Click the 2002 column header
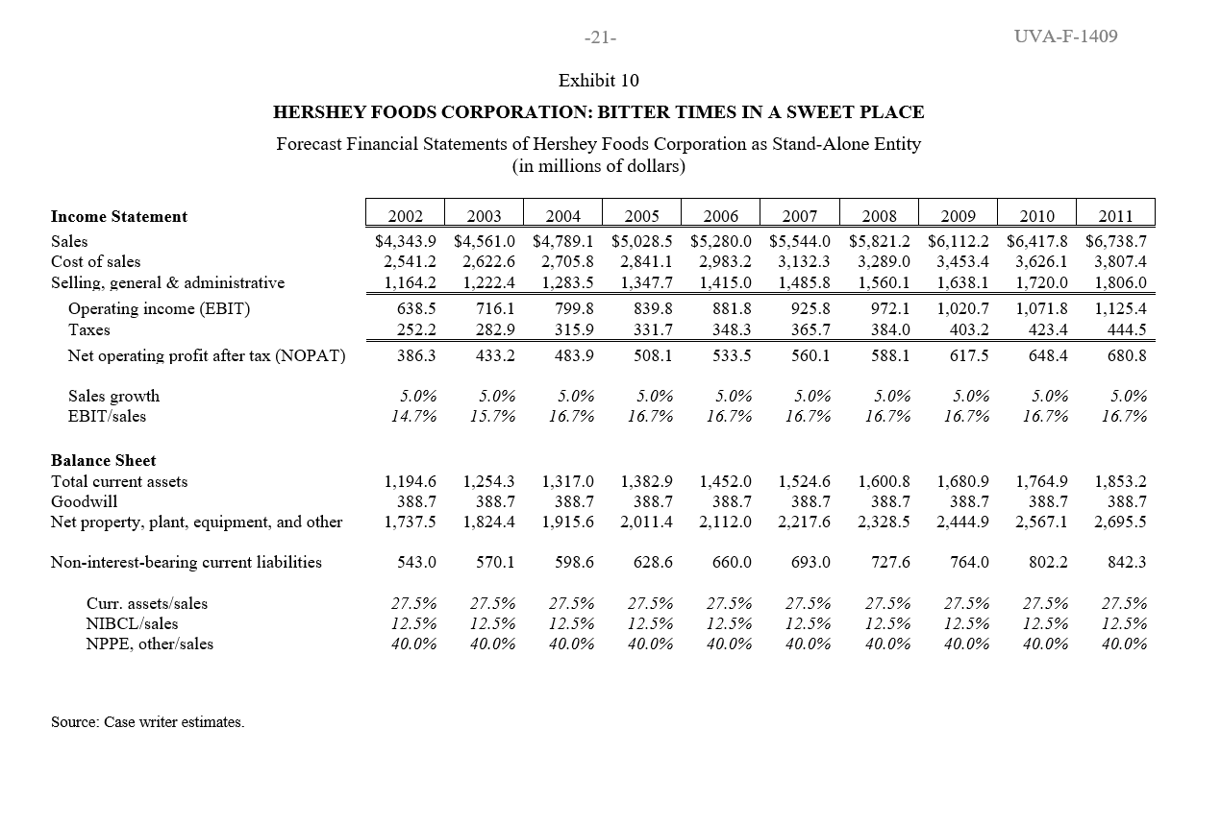(406, 216)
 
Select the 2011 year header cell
(1115, 216)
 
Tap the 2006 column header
(721, 216)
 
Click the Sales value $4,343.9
(406, 241)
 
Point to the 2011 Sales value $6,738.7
(1116, 241)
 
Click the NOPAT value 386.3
(417, 355)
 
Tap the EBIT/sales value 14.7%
(413, 416)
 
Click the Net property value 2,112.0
(726, 522)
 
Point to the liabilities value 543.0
(417, 562)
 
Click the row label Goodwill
(85, 501)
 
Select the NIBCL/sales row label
(133, 623)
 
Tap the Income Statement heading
(119, 216)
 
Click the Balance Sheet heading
(104, 460)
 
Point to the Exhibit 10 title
(598, 81)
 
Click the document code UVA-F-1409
(1065, 36)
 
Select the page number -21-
(600, 37)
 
